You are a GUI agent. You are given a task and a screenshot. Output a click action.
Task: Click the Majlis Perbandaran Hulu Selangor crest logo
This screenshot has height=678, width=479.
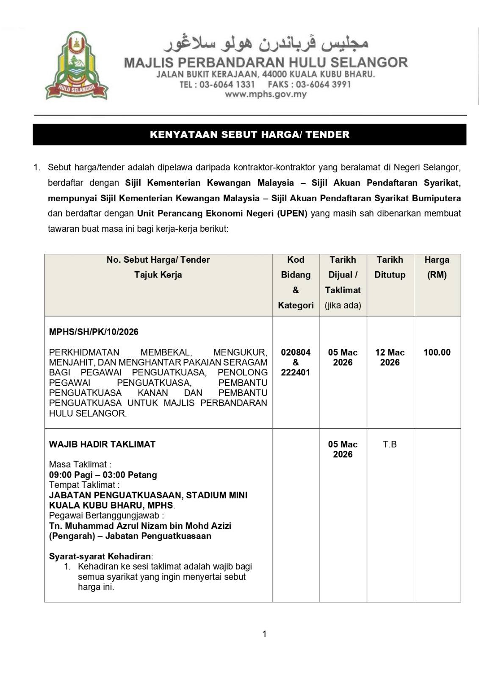pyautogui.click(x=77, y=66)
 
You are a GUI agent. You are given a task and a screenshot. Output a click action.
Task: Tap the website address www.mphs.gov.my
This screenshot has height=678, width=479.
pyautogui.click(x=266, y=94)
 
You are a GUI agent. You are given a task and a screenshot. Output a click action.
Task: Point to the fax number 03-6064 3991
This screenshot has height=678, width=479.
pyautogui.click(x=323, y=84)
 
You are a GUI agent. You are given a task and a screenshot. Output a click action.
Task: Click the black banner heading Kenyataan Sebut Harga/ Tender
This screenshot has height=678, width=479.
pyautogui.click(x=249, y=135)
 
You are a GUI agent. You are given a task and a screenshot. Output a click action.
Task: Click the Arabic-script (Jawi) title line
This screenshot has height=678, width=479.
pyautogui.click(x=266, y=43)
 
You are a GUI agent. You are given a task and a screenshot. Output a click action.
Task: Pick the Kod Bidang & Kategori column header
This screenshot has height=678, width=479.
pyautogui.click(x=296, y=282)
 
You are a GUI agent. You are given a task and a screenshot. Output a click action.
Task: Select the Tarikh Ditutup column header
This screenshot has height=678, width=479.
pyautogui.click(x=390, y=267)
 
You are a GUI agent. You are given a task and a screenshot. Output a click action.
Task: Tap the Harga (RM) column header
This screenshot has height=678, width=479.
pyautogui.click(x=437, y=267)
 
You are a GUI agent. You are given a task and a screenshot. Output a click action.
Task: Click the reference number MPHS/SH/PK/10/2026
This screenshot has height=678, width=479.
pyautogui.click(x=94, y=332)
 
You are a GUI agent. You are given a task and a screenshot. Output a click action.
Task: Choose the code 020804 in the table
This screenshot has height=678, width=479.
pyautogui.click(x=296, y=352)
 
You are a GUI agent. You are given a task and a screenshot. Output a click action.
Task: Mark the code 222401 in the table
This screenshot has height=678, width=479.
pyautogui.click(x=296, y=372)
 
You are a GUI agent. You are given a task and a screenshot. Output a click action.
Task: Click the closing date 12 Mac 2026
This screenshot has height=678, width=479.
pyautogui.click(x=390, y=357)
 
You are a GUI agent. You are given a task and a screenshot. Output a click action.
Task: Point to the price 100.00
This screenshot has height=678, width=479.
pyautogui.click(x=437, y=352)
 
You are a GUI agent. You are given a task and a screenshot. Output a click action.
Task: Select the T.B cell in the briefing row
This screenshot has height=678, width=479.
pyautogui.click(x=390, y=444)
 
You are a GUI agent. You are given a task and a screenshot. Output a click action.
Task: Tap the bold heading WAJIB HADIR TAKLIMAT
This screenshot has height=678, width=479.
pyautogui.click(x=102, y=444)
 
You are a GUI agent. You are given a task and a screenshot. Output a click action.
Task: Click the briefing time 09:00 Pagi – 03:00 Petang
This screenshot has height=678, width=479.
pyautogui.click(x=103, y=475)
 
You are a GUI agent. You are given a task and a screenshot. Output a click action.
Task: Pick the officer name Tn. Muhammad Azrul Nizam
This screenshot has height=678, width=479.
pyautogui.click(x=140, y=526)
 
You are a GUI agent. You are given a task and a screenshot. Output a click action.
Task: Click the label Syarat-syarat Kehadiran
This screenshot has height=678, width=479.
pyautogui.click(x=100, y=556)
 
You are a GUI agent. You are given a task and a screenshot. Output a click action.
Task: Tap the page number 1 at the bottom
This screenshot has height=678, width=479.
pyautogui.click(x=265, y=634)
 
